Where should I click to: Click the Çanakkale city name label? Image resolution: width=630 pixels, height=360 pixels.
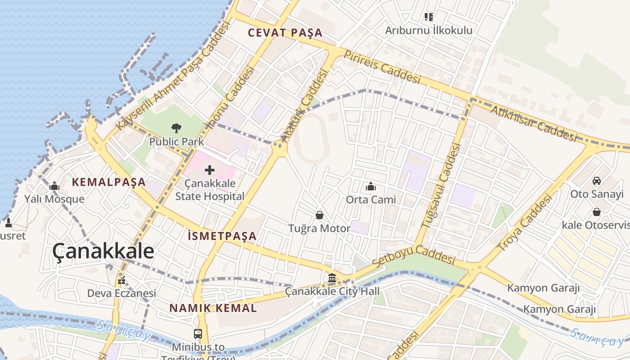pos(103,252)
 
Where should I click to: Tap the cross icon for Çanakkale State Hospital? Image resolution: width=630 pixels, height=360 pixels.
pos(210,171)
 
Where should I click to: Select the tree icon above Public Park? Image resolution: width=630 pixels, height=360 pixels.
pos(176,128)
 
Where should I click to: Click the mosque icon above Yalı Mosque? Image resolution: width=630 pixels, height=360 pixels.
pos(54,186)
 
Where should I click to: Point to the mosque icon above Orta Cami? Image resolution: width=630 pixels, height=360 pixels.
pos(371,186)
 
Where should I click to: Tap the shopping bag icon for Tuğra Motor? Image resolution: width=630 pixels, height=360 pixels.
pos(319,215)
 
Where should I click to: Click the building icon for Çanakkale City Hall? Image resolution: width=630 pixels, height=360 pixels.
pos(332,278)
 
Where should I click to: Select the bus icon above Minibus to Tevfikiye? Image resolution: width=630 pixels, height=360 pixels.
pos(198,334)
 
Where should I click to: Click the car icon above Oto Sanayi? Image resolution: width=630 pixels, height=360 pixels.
pos(597,181)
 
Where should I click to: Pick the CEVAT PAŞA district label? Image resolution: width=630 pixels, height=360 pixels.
pos(285,33)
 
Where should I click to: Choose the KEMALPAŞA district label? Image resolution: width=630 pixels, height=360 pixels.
pos(109,182)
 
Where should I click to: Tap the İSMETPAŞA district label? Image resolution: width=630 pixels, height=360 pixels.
pos(222,236)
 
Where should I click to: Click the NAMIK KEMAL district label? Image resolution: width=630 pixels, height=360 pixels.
pos(213,308)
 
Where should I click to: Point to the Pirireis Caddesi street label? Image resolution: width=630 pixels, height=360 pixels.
pos(382,67)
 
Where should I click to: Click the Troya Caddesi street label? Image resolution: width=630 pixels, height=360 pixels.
pos(524,222)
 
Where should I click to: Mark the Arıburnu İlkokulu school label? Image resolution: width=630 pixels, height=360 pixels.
pos(429,30)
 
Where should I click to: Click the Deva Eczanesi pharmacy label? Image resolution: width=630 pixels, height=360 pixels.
pos(121,293)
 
